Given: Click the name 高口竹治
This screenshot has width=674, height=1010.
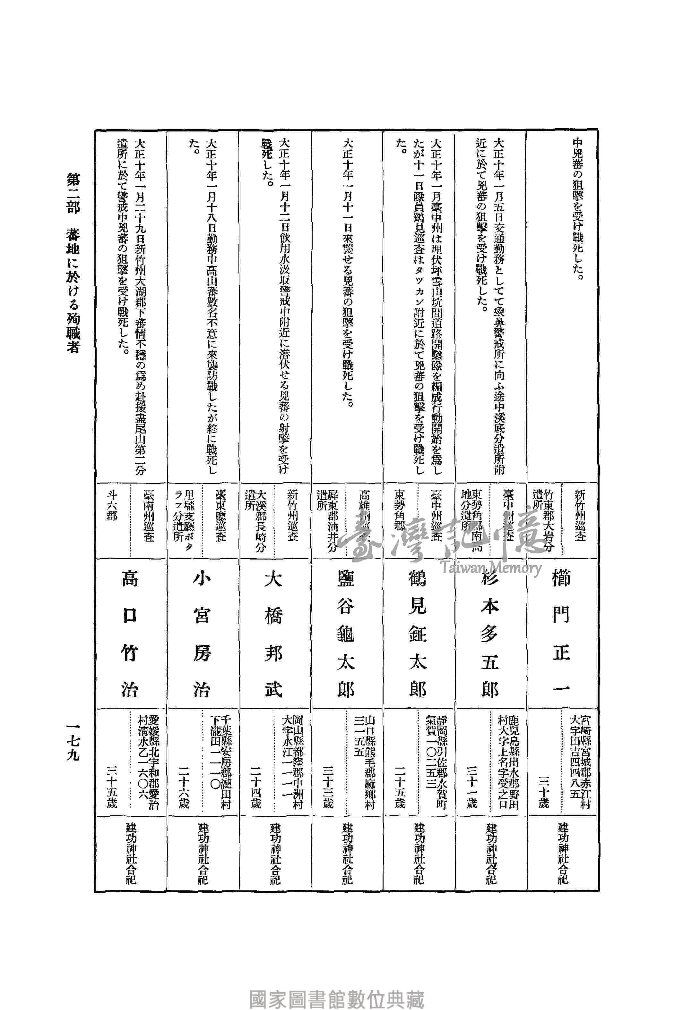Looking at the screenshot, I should [129, 635].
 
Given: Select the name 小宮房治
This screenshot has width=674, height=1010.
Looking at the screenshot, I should [202, 635].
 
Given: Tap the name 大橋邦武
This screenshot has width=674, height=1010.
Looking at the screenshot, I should [274, 635].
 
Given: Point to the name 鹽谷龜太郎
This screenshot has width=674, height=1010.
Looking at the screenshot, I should [346, 635].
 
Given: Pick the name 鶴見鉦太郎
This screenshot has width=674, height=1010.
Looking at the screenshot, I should [417, 635].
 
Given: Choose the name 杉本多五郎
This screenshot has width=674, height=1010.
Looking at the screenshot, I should [489, 635].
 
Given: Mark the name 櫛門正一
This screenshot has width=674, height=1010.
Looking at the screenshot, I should [561, 635].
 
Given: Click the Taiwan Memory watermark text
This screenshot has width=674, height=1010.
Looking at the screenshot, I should [490, 568].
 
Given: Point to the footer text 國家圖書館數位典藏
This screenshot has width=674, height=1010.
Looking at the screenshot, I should [337, 987].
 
